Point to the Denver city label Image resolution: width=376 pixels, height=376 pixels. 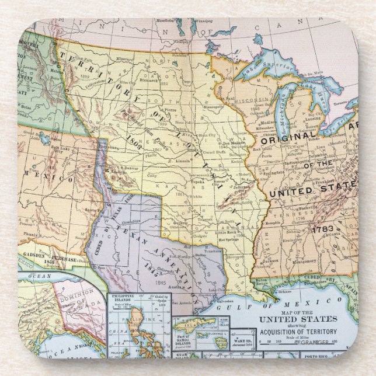click(x=135, y=168)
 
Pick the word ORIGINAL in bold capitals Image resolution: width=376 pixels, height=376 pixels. click(x=288, y=140)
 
